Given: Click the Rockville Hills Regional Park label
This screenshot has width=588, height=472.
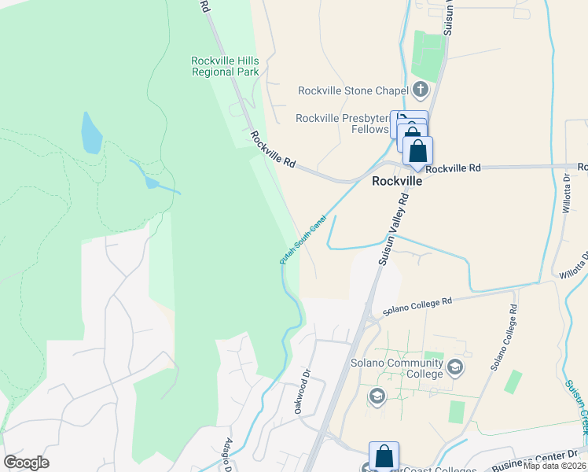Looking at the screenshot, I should (226, 66).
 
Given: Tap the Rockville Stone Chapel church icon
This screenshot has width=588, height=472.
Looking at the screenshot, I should (421, 90).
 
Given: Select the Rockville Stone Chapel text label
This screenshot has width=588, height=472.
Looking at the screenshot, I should (352, 90).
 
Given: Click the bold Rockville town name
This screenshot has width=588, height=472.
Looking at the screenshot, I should (396, 180).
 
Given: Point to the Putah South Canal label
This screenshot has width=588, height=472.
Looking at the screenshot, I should (303, 240).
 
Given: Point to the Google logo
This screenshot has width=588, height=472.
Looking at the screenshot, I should (26, 463).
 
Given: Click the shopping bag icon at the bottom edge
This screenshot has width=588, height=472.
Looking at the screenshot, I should (384, 456).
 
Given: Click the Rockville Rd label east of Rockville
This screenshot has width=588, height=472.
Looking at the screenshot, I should (453, 168).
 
